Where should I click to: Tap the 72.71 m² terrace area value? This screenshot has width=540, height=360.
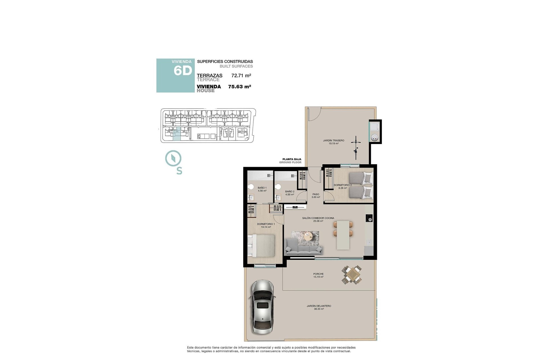coord(241,75)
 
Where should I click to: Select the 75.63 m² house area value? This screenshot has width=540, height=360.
coord(239,87)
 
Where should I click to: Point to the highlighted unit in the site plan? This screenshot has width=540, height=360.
coord(177,134)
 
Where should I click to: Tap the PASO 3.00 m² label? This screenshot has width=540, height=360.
coord(316,195)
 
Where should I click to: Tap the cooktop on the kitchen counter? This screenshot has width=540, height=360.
coord(369,218)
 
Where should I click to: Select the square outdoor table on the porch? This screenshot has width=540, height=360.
coord(352,274)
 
